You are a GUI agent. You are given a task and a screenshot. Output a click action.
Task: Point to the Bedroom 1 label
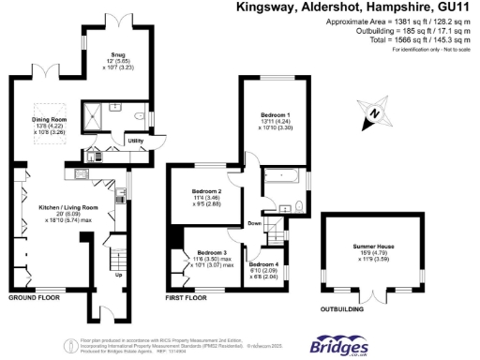[276, 113]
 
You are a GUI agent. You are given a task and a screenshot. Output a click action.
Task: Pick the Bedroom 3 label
[212, 252]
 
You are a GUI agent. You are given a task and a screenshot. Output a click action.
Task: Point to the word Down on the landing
[254, 224]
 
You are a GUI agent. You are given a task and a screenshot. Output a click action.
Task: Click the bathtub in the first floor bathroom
[280, 175]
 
